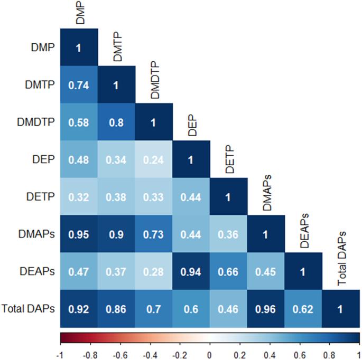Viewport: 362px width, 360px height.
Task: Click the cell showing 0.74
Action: tap(79, 84)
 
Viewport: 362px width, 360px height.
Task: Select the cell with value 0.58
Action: tap(79, 122)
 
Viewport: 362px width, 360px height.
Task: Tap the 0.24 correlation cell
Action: tap(154, 159)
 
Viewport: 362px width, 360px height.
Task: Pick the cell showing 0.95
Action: tap(79, 234)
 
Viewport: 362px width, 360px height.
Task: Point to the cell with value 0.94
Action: tap(191, 271)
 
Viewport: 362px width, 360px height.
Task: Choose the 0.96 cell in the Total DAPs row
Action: tap(266, 309)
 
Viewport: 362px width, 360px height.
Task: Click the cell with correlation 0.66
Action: tap(228, 271)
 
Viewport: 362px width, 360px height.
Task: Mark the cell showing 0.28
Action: tap(154, 271)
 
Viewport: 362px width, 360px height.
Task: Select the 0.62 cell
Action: tap(303, 309)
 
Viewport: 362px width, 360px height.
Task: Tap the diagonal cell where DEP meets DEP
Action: tap(191, 159)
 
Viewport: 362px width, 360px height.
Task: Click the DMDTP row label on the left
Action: tap(36, 122)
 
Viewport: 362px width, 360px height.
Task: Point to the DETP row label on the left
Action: tap(40, 197)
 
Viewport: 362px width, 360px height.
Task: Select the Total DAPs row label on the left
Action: tap(28, 309)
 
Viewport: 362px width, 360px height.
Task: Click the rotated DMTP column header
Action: tap(117, 46)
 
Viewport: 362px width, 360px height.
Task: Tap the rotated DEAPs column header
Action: tap(304, 231)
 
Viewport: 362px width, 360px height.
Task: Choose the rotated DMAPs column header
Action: tap(267, 193)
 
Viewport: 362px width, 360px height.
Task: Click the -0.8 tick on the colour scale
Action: tap(90, 355)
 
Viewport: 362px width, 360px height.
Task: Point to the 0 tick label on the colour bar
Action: tap(210, 355)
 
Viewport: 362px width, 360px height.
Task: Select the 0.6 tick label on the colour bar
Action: tap(300, 355)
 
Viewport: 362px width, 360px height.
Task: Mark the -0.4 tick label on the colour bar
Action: tap(150, 355)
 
